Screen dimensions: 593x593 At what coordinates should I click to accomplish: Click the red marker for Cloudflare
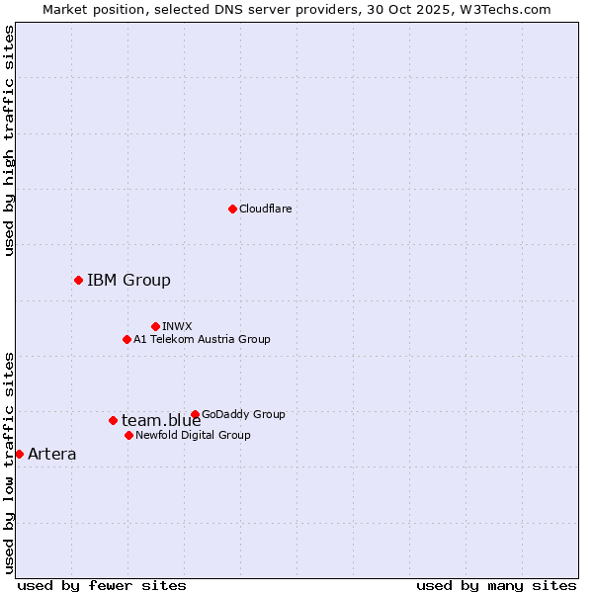232,209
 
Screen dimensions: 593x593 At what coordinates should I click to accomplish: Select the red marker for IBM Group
78,280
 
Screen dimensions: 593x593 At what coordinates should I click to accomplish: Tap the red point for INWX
155,326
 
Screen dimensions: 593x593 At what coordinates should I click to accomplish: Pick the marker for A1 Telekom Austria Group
127,339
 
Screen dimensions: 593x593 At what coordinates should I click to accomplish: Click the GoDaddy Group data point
195,414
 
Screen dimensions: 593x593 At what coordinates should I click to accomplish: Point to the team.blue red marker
113,420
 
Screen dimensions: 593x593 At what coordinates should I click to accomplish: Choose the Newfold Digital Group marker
128,435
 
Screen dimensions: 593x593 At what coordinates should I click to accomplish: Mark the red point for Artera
19,454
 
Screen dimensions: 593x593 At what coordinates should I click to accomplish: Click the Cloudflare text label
266,209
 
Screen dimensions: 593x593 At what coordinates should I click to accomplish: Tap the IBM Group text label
128,280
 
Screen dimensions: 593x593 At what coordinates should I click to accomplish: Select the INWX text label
177,326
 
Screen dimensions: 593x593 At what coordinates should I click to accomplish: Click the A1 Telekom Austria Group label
202,339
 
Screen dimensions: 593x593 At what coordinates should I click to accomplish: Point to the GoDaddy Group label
243,414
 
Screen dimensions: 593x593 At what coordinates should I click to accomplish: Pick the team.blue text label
161,420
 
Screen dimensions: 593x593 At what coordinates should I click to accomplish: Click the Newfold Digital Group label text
193,435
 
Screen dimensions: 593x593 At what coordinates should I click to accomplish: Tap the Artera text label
51,454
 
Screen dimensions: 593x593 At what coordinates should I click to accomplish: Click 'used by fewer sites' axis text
102,585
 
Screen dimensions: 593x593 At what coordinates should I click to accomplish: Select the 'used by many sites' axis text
496,585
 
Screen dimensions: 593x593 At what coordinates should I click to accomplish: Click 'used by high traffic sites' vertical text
9,140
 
